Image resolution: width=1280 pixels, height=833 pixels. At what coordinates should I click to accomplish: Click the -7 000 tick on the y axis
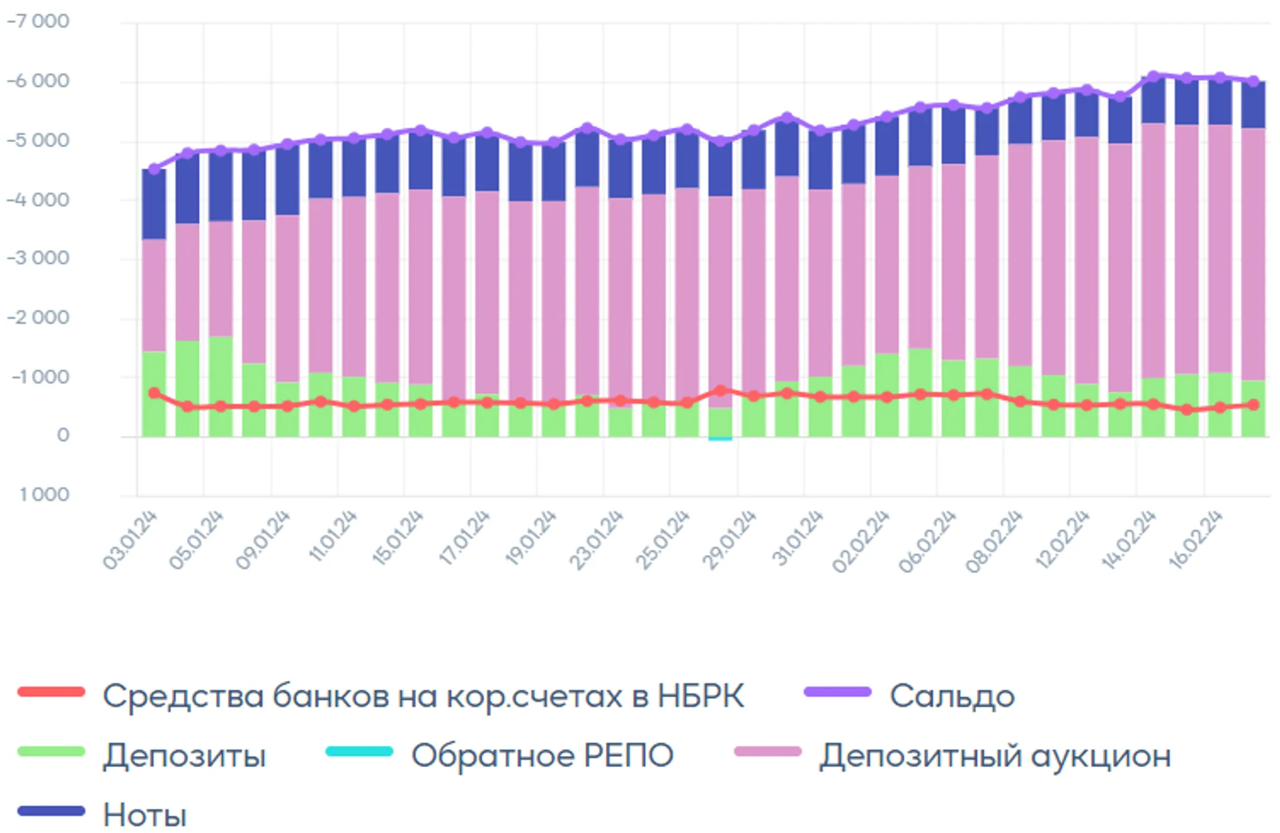38,21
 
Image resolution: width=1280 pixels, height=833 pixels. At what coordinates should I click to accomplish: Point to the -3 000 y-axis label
38,258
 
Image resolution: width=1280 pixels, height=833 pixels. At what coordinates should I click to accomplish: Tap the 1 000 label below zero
44,494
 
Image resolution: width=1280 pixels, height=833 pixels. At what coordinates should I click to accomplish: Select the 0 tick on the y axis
63,436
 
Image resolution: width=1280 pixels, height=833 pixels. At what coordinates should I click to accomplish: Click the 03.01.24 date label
130,540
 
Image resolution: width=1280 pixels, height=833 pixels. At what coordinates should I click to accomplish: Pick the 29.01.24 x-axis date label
729,540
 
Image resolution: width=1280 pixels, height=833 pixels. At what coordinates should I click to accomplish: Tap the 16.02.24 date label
1196,540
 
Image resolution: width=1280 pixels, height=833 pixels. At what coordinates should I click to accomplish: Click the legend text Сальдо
952,696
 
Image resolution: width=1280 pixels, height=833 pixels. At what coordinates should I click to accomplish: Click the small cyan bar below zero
720,439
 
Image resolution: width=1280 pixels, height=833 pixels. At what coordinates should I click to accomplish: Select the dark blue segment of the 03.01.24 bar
154,205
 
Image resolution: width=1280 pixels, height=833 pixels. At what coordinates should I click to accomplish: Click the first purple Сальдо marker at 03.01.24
154,170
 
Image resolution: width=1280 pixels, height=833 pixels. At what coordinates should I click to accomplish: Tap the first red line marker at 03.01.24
154,393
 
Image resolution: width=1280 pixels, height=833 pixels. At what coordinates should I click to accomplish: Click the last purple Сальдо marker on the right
1253,81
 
